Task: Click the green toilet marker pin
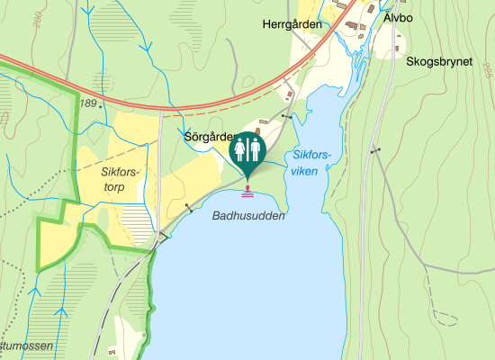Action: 247,151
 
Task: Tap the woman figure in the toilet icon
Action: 240,149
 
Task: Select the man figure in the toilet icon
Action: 256,149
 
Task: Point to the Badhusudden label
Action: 248,217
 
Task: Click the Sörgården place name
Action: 209,139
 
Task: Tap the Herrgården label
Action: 292,25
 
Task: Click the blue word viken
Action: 304,170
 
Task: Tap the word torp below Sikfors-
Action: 112,187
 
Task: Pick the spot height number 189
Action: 87,104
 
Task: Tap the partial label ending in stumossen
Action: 27,346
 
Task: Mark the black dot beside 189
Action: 103,105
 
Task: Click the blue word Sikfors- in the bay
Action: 312,155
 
